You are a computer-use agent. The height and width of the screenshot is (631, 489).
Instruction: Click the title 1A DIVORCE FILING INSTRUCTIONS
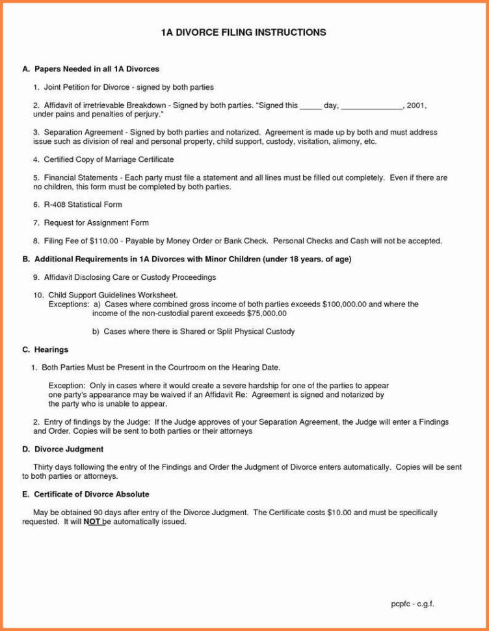pyautogui.click(x=243, y=32)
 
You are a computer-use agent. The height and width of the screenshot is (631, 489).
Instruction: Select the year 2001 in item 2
pyautogui.click(x=416, y=105)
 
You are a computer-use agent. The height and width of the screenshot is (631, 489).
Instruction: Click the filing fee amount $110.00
pyautogui.click(x=103, y=241)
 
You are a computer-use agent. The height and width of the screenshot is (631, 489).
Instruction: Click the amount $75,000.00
pyautogui.click(x=267, y=313)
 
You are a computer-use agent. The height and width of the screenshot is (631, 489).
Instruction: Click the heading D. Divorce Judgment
pyautogui.click(x=62, y=449)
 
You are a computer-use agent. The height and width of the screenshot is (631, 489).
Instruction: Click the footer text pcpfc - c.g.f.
pyautogui.click(x=412, y=604)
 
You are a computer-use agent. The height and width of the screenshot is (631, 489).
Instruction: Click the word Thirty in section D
pyautogui.click(x=44, y=466)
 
